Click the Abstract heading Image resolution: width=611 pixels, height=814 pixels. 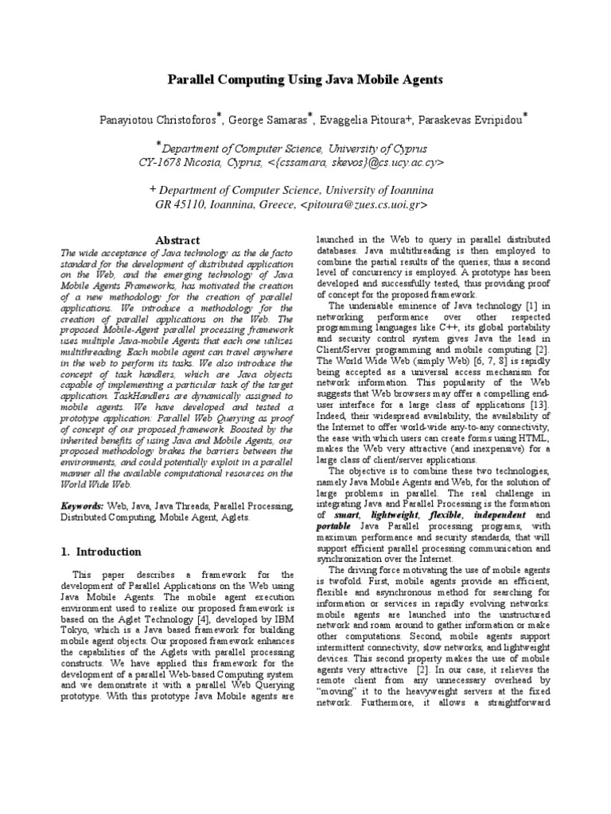tap(177, 240)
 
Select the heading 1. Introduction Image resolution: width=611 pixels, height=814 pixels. tap(101, 552)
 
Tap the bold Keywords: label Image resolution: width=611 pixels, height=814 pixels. tap(82, 506)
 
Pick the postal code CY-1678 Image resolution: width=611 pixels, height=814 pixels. tap(165, 162)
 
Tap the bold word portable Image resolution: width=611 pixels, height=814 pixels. tap(332, 526)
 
